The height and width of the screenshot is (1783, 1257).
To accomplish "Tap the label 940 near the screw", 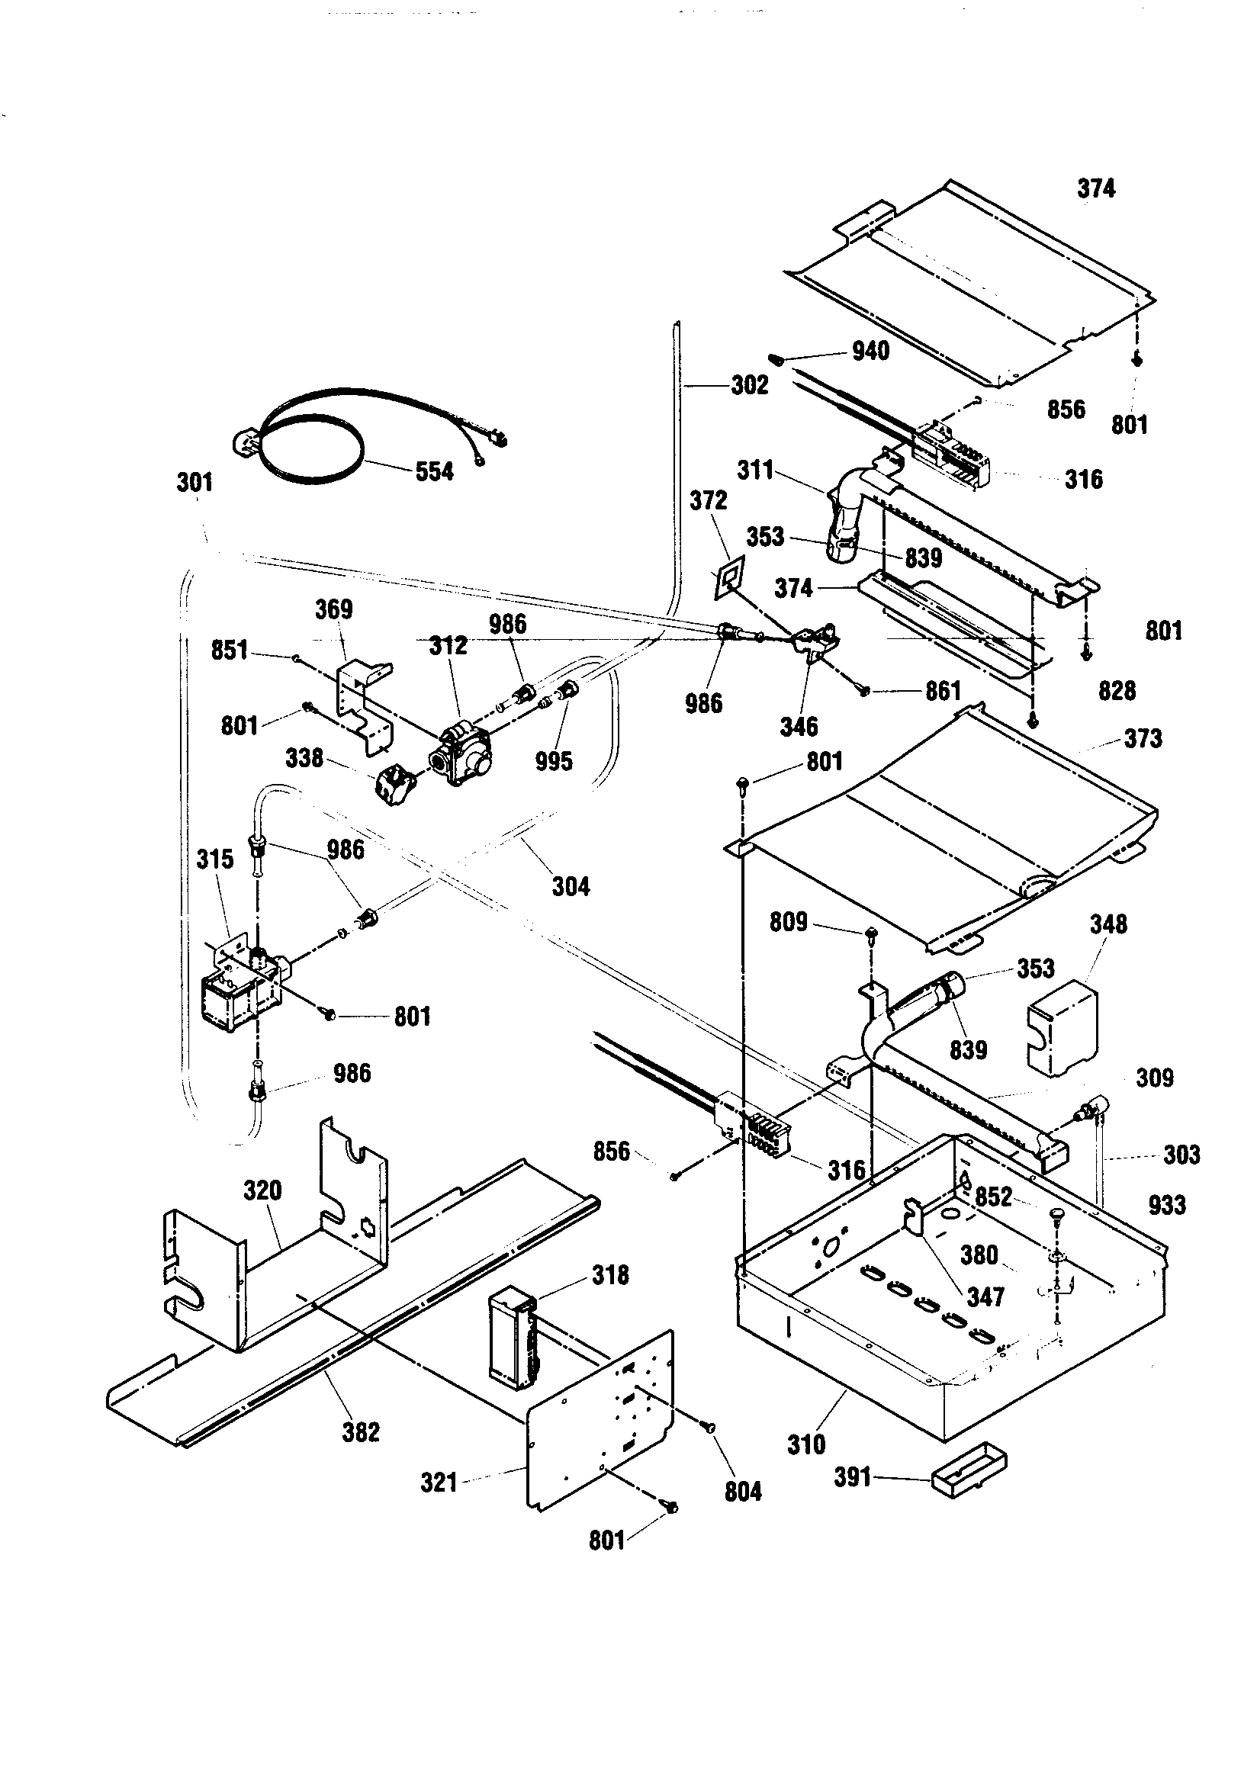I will point(870,351).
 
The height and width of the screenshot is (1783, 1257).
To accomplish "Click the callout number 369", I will point(333,609).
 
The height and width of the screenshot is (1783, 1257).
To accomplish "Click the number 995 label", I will point(553,761).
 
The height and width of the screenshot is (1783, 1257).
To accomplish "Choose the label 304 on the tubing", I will point(571,886).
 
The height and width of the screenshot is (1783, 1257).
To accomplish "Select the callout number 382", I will point(361,1431).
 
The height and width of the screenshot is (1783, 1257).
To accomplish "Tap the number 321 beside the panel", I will point(439,1482).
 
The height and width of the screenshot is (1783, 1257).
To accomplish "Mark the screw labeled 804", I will point(709,1428).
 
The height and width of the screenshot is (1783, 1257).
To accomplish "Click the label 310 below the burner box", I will point(805,1444).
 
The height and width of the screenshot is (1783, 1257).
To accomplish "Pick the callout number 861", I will point(944,690).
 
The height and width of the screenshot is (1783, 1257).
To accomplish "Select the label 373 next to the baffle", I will point(1142,737).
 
